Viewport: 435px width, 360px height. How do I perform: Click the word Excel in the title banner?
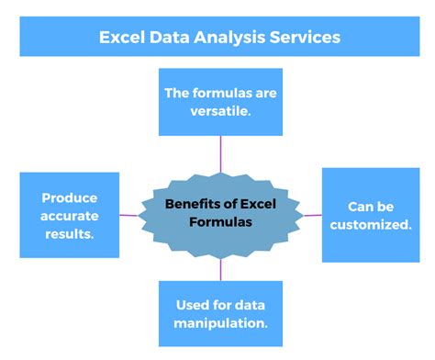[122, 38]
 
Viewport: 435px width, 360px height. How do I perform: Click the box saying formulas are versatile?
[220, 101]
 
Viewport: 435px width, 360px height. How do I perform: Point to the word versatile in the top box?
[220, 111]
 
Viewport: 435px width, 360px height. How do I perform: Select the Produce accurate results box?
[70, 215]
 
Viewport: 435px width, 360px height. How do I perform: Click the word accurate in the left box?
[70, 215]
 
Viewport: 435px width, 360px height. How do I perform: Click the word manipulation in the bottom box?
[220, 323]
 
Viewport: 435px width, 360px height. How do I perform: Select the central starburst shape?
[220, 215]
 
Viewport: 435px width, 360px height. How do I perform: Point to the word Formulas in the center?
[220, 223]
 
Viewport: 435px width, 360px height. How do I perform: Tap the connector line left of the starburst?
[129, 216]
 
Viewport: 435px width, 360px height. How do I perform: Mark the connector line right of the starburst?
[312, 216]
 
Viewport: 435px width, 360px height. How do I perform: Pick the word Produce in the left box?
[70, 197]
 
